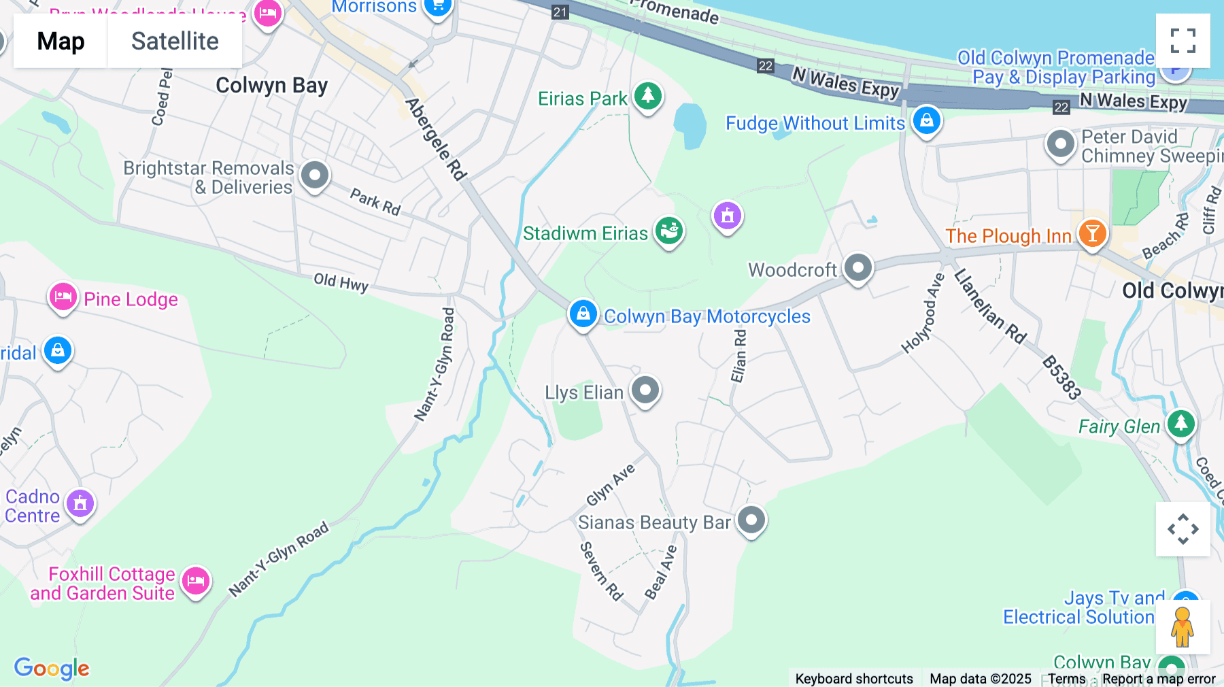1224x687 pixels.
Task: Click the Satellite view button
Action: (x=175, y=41)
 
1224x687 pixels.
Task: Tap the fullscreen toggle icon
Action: (x=1183, y=41)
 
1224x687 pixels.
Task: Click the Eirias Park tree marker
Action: (x=647, y=96)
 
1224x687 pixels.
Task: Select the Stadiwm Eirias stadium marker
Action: (x=669, y=231)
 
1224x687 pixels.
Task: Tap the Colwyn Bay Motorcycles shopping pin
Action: (x=583, y=314)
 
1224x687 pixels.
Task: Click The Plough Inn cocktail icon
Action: (x=1093, y=234)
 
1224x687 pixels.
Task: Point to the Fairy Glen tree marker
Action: (x=1181, y=424)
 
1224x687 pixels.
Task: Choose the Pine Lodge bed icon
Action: (x=63, y=297)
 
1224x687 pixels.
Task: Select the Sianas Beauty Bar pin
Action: (x=751, y=520)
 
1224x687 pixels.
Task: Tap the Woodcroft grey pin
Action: (x=858, y=268)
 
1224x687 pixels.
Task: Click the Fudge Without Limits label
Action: (x=815, y=123)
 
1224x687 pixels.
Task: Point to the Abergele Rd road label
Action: (x=436, y=139)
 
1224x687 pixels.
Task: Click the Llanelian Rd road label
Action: (x=989, y=307)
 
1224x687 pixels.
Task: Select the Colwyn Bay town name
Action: (x=271, y=86)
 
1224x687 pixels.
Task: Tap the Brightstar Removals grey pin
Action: (x=315, y=175)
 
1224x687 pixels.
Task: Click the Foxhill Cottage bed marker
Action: (x=196, y=581)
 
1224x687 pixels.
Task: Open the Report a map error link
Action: (x=1159, y=679)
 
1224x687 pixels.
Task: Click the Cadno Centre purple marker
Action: (x=80, y=504)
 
